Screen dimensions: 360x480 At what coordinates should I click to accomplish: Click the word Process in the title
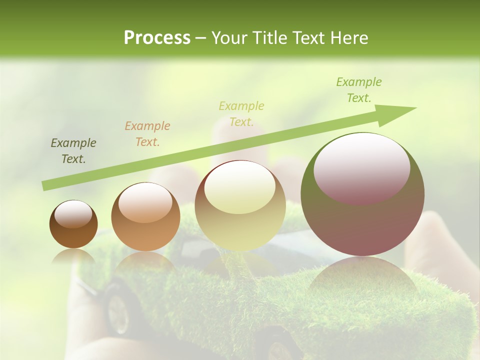click(x=157, y=38)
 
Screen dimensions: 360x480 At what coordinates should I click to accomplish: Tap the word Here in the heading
click(x=348, y=38)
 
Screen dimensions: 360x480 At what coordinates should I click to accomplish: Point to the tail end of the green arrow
click(x=46, y=185)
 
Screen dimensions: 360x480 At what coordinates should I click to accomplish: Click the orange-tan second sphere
click(x=145, y=217)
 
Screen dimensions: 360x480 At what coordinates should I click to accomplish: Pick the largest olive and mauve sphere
click(x=362, y=195)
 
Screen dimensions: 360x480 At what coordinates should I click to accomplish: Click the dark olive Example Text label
click(x=73, y=151)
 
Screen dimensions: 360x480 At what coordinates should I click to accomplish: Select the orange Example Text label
click(x=147, y=134)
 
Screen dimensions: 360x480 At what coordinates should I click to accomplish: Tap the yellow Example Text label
click(x=241, y=113)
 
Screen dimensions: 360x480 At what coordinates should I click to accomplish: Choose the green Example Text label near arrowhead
click(x=358, y=90)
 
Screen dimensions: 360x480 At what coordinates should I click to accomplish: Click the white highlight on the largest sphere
click(x=361, y=167)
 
